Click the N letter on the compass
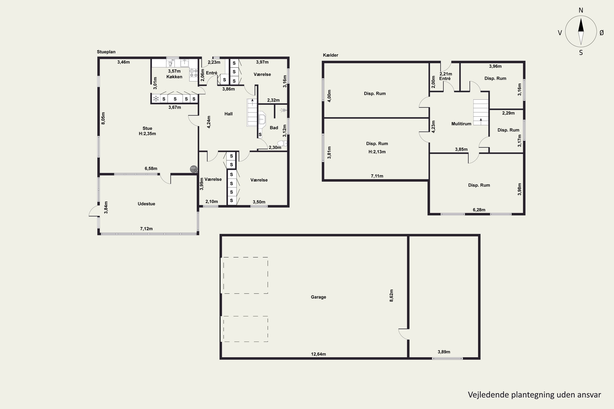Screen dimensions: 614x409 click(581, 10)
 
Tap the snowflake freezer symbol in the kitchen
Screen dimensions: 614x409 click(156, 99)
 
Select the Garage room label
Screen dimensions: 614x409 click(318, 297)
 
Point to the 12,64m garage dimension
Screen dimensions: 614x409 click(318, 354)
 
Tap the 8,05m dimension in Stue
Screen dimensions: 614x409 click(103, 118)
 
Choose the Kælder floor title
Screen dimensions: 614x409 click(331, 55)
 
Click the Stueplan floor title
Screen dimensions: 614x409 click(106, 52)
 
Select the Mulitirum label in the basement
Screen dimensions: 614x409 click(461, 124)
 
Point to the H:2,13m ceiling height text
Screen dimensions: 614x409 click(377, 152)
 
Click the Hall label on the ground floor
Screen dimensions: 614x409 click(228, 114)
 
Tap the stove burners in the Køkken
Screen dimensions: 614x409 click(193, 73)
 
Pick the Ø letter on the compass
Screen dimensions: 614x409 click(602, 33)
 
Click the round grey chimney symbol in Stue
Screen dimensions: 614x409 click(193, 169)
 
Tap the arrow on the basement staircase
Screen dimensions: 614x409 click(481, 121)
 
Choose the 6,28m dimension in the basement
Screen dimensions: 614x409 click(479, 210)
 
